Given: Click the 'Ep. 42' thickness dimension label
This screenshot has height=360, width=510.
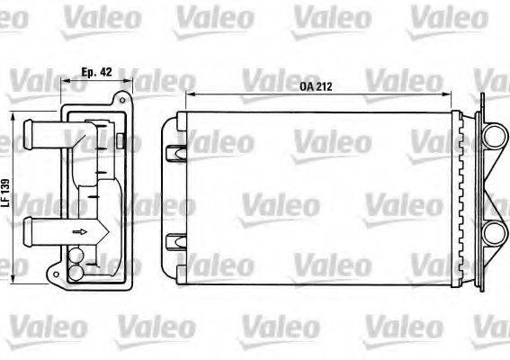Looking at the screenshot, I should point(96,71).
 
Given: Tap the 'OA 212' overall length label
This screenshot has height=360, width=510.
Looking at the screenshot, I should point(313,86).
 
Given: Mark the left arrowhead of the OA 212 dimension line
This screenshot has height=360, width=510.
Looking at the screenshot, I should point(188,94).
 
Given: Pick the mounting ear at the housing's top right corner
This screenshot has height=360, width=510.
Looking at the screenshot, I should point(126,107).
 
